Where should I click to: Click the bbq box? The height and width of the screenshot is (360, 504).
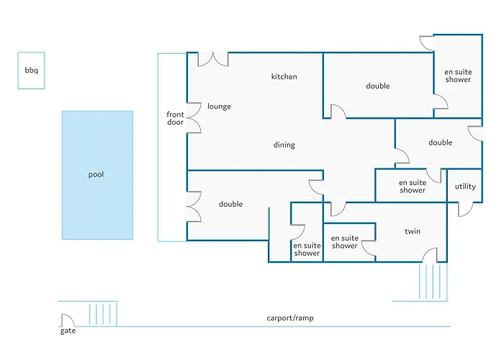click(31, 70)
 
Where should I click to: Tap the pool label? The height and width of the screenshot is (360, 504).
click(96, 174)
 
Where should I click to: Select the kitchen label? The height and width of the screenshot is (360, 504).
click(284, 77)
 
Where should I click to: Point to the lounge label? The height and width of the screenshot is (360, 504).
click(219, 107)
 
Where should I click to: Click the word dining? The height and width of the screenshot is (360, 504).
click(284, 145)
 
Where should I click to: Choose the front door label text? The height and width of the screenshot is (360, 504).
click(175, 119)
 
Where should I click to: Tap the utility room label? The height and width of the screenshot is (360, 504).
click(465, 186)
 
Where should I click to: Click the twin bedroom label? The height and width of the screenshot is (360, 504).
click(412, 231)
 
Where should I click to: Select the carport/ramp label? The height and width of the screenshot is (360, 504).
click(290, 318)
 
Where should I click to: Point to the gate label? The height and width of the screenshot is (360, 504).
click(68, 331)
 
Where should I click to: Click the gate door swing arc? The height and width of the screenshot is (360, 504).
click(66, 320)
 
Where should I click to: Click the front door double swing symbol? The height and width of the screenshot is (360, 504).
click(193, 119)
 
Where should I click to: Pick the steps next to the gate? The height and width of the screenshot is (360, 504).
click(102, 315)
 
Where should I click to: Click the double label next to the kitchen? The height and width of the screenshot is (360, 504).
click(377, 86)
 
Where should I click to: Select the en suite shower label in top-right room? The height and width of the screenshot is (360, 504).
click(457, 76)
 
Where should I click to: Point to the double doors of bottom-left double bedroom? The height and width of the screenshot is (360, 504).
click(194, 205)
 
